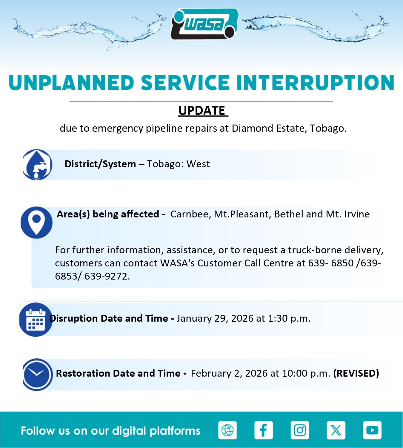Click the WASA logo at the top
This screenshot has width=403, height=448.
(x=204, y=24)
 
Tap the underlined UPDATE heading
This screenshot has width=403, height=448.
(x=203, y=111)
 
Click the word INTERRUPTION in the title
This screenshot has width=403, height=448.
(x=315, y=83)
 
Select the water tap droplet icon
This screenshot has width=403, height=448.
(x=38, y=165)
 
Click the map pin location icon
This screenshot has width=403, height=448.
(x=36, y=223)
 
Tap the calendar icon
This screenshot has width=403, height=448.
(x=36, y=320)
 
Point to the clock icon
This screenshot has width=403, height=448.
(x=38, y=375)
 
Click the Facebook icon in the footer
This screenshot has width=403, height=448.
(x=264, y=430)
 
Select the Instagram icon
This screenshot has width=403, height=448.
(x=300, y=430)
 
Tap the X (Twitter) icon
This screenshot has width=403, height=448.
(x=336, y=430)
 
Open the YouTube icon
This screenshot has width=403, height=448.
(x=372, y=430)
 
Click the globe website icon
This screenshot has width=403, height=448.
(x=227, y=430)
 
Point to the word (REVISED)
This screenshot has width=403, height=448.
(x=356, y=373)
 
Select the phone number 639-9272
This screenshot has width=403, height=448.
(x=107, y=276)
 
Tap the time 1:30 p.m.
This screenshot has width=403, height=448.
(x=289, y=318)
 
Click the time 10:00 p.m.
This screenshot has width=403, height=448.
(x=306, y=373)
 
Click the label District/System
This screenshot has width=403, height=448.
(x=100, y=164)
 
